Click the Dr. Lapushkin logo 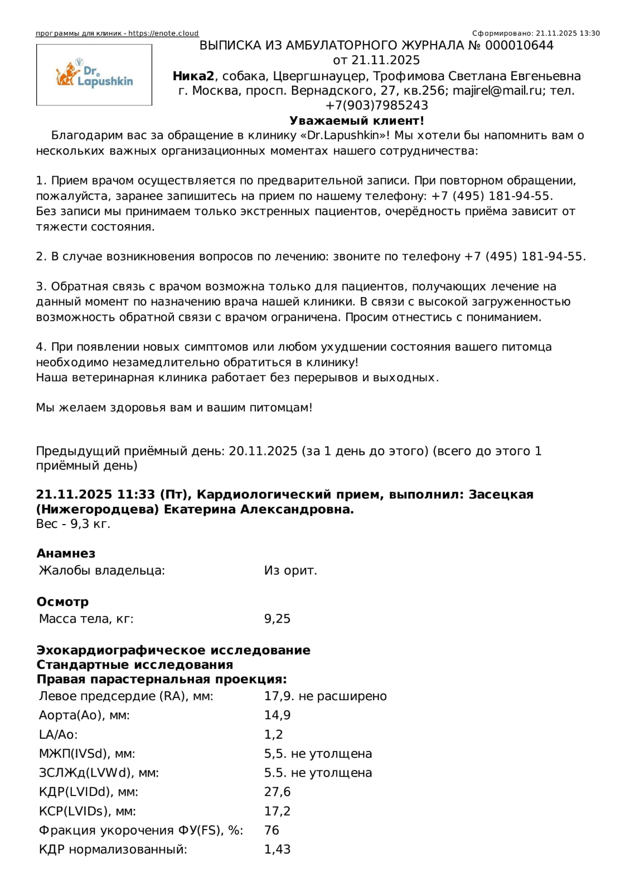point(94,75)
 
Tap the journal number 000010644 point(519,46)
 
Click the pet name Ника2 point(193,76)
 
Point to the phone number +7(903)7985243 point(377,106)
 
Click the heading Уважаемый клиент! point(357,121)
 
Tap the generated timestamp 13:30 point(590,33)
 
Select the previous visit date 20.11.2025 point(263,451)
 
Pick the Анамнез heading point(66,554)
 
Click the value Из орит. point(290,571)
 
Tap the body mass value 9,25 point(277,619)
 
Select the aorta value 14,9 point(277,715)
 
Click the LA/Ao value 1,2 point(273,735)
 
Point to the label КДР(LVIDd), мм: point(89,792)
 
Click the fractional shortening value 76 point(272,831)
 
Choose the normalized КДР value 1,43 point(277,850)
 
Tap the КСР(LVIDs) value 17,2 point(277,812)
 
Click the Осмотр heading point(62,602)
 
